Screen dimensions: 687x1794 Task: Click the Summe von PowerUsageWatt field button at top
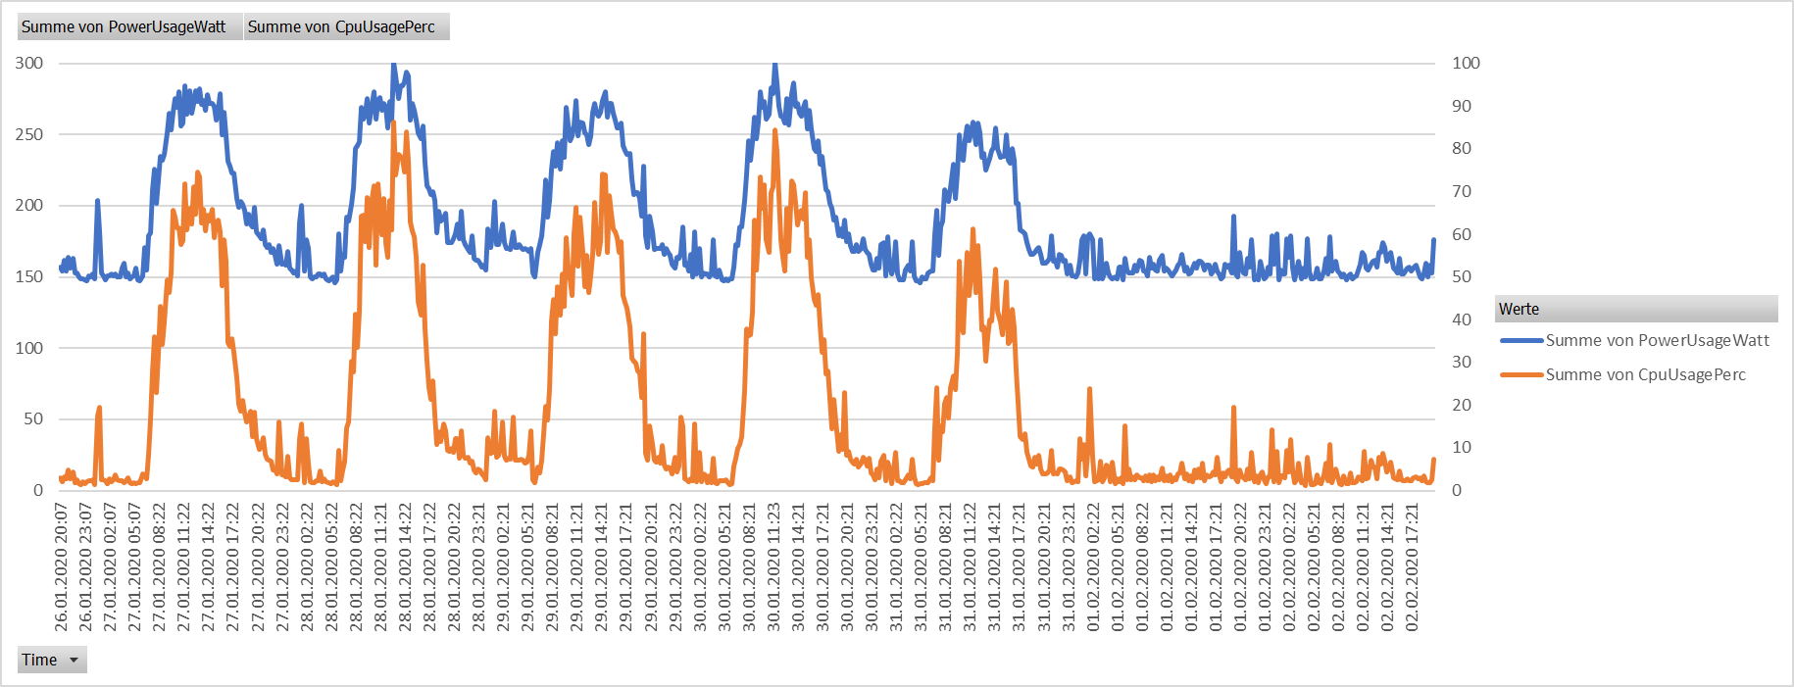124,26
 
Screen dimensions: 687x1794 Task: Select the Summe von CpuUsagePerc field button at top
341,26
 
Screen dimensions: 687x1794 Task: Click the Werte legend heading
1519,309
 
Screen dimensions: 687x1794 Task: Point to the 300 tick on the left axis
29,63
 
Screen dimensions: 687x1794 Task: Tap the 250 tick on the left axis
29,134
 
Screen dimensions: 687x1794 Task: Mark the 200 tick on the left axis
29,205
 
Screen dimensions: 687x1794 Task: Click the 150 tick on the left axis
29,276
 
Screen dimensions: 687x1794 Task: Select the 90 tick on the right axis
1462,106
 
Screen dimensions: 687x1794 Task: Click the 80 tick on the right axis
1462,148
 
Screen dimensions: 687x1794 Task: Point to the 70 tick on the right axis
1462,191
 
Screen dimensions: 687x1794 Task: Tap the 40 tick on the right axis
1462,319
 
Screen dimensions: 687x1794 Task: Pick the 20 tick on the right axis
1462,405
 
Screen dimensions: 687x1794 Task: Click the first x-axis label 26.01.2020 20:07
61,566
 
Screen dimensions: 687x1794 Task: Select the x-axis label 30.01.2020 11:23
773,566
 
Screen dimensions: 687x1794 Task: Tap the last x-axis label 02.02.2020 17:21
1412,566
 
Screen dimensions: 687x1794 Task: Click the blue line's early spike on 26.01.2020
98,202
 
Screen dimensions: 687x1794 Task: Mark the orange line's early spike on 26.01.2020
99,409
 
